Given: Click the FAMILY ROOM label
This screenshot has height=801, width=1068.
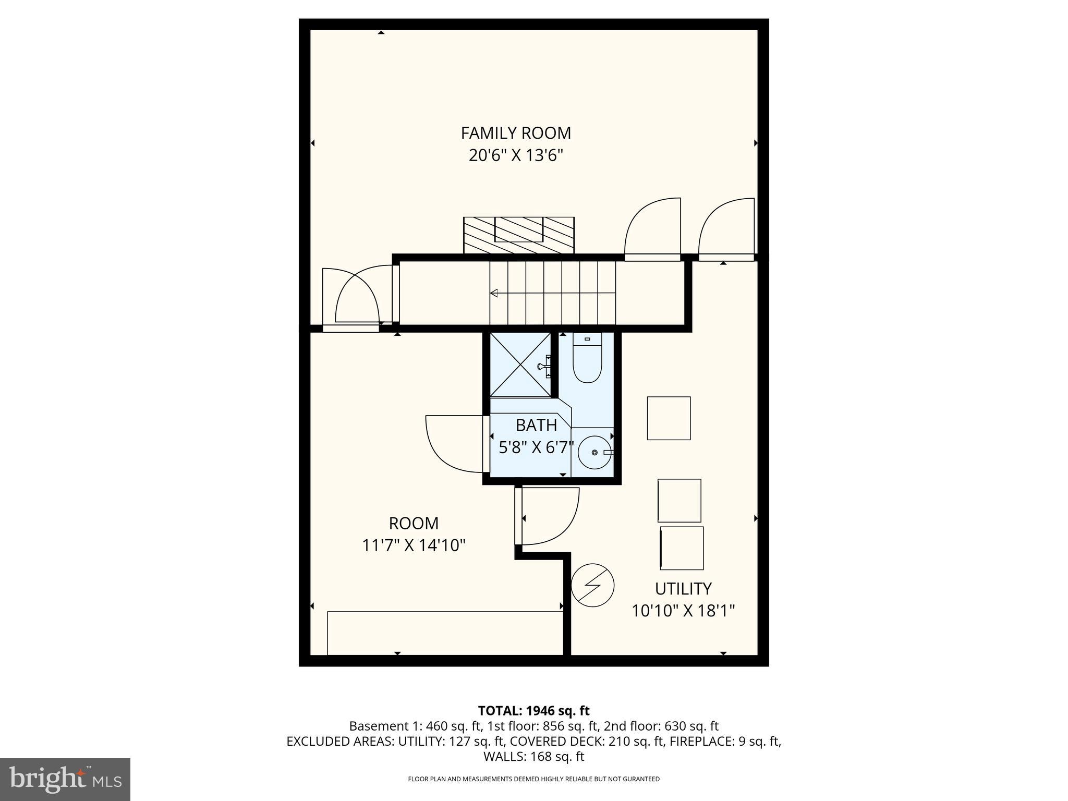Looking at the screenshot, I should point(516,133).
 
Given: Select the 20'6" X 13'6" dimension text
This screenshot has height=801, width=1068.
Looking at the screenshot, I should point(516,156).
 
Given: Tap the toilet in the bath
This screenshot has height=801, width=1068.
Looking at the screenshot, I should point(587,360).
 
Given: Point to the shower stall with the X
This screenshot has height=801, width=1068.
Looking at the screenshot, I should point(520,364).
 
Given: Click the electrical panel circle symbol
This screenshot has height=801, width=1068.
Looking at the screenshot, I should point(592,585).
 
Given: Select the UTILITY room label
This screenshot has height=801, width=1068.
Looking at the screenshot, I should point(683,589).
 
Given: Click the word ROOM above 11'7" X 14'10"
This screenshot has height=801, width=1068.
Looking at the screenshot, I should point(414,523).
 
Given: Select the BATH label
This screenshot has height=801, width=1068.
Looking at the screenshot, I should point(536,426).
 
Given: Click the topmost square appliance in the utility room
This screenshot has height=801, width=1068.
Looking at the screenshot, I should point(669,418).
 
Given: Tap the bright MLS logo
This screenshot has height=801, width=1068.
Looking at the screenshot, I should point(65,779).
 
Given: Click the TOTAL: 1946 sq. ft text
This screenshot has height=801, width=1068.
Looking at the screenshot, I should point(533,711).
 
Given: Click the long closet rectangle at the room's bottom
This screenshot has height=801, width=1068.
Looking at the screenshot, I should point(445,633).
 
